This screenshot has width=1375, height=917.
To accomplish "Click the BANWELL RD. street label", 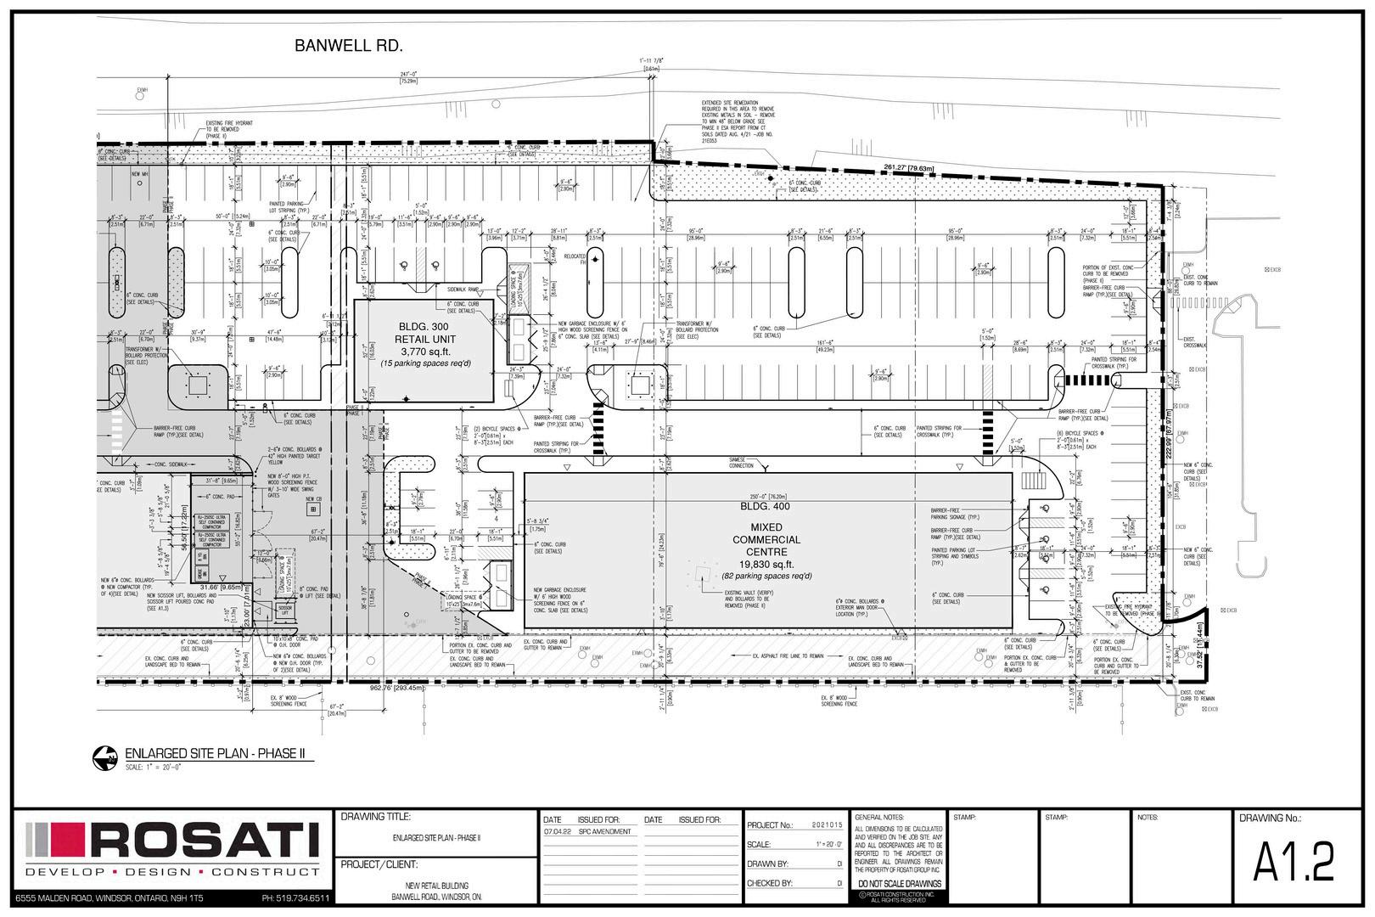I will pyautogui.click(x=348, y=46).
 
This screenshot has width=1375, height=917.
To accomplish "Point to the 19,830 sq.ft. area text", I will pyautogui.click(x=766, y=564).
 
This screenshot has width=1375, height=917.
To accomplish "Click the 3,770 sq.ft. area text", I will pyautogui.click(x=423, y=352).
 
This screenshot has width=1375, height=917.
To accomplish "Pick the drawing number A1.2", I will pyautogui.click(x=1294, y=863).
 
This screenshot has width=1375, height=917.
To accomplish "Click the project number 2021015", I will pyautogui.click(x=828, y=824).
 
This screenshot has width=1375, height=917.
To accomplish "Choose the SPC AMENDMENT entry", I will pyautogui.click(x=605, y=832).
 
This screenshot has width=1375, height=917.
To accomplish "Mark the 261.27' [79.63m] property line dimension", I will pyautogui.click(x=908, y=168).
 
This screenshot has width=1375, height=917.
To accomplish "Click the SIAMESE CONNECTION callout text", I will pyautogui.click(x=741, y=463).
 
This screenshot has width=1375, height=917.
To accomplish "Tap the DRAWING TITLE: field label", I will pyautogui.click(x=375, y=817).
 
